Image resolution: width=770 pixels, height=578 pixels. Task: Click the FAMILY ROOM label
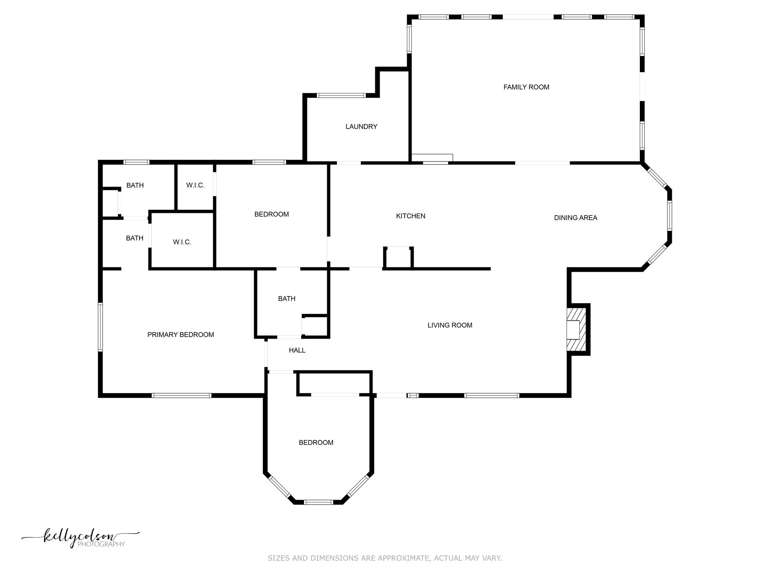click(x=526, y=87)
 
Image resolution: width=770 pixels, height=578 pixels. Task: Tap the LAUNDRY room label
click(x=361, y=127)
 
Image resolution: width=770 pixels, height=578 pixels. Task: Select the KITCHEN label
click(x=411, y=216)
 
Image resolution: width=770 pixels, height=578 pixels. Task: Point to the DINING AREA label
click(x=575, y=218)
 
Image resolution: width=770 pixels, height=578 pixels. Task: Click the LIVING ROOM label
click(x=450, y=326)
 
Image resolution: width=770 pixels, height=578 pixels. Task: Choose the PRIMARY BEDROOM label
click(x=180, y=335)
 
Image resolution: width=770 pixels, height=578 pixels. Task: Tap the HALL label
click(x=297, y=351)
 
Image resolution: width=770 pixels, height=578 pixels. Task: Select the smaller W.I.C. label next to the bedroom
click(x=195, y=186)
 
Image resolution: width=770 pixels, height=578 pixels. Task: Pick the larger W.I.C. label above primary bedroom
click(x=182, y=242)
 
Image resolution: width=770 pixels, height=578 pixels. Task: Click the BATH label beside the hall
click(x=286, y=299)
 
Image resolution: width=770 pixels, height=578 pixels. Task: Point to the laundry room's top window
click(x=341, y=95)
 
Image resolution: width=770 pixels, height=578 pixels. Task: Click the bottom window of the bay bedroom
click(x=318, y=502)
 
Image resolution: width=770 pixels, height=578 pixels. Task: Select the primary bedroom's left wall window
click(x=100, y=327)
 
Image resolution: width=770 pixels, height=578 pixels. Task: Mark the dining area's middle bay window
click(x=670, y=216)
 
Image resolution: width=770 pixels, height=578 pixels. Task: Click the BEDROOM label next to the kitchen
click(x=271, y=214)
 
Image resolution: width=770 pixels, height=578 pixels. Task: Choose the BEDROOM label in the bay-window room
click(x=316, y=443)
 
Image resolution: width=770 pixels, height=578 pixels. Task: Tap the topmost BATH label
click(x=135, y=186)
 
